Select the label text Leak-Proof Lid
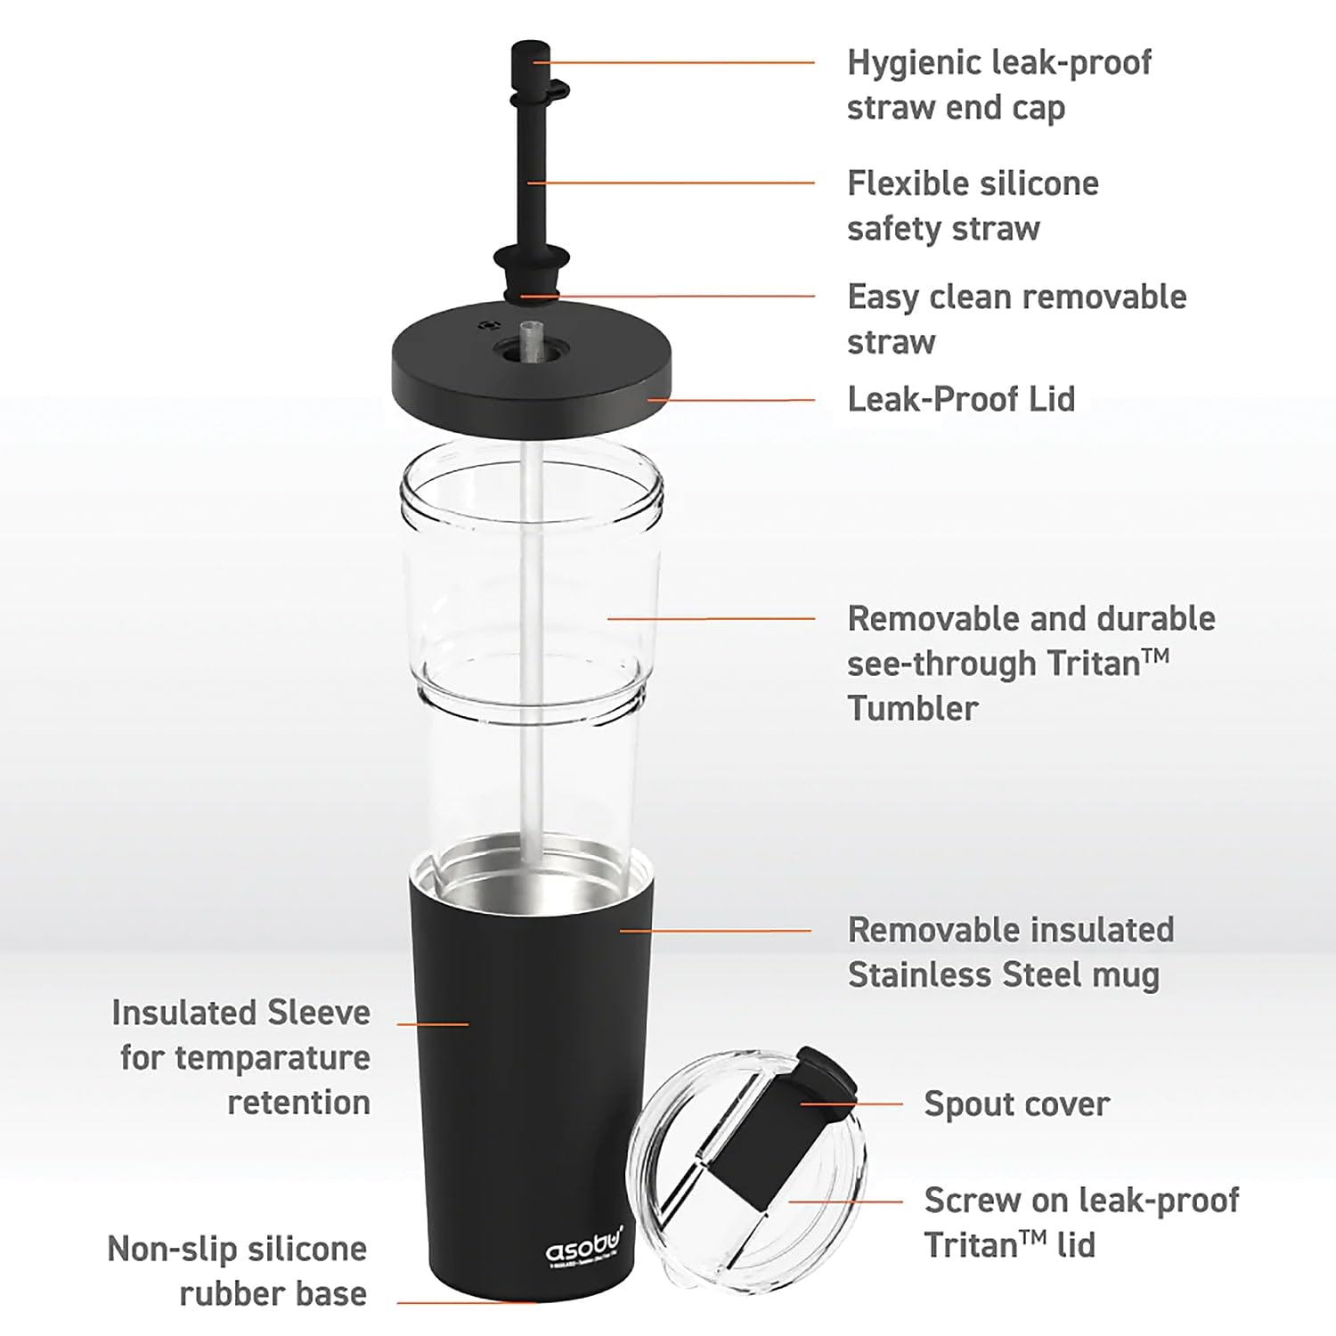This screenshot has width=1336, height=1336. (x=960, y=399)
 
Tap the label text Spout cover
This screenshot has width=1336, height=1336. (x=1016, y=1104)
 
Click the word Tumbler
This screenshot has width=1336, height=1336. (x=912, y=709)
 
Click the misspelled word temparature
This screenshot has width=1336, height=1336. (x=272, y=1058)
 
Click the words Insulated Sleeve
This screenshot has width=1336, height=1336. (x=240, y=1013)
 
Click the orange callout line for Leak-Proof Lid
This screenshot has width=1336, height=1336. (x=730, y=400)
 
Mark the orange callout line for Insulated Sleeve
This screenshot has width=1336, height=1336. (x=433, y=1024)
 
